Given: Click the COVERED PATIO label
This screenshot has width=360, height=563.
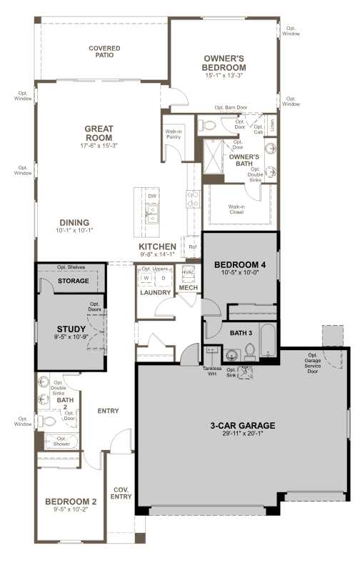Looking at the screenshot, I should pos(104,52).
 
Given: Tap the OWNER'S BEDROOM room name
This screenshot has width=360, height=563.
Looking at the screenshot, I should pos(224,62).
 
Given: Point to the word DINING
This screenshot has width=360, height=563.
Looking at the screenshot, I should pos(74,221).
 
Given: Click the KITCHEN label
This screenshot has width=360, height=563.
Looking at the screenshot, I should pos(157,246).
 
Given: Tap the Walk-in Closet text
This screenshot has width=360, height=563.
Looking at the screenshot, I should pos(236,209).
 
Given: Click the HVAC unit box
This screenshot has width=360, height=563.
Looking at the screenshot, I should pos(189,272).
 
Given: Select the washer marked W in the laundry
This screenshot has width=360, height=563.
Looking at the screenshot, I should pos(146,278).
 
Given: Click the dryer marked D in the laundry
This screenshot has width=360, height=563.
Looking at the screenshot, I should pos(163,278).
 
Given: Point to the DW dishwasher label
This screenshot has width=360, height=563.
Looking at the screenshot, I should pos(152,196).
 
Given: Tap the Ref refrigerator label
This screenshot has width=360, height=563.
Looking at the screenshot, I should pos(192,247).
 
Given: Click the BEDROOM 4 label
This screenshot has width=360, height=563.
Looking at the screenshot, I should pos(240,264).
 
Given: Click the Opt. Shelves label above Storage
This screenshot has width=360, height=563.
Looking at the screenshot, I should pos(71,267).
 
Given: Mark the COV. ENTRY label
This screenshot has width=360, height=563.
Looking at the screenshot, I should pos(121,493).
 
